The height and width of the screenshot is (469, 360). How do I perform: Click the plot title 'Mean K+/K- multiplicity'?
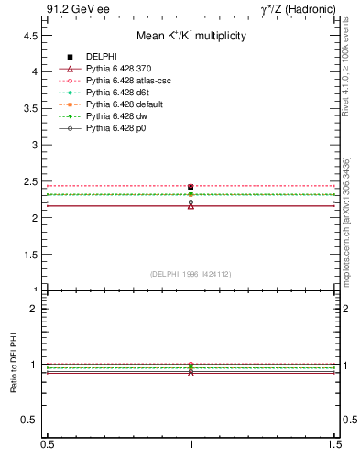coord(191,37)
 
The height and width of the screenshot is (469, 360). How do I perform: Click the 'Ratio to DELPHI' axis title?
coord(15,362)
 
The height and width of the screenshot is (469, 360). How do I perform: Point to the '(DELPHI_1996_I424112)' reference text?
coord(190,274)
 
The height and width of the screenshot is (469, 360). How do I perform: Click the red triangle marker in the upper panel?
coord(191,205)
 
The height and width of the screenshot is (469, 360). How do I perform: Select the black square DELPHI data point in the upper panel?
coord(191,187)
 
